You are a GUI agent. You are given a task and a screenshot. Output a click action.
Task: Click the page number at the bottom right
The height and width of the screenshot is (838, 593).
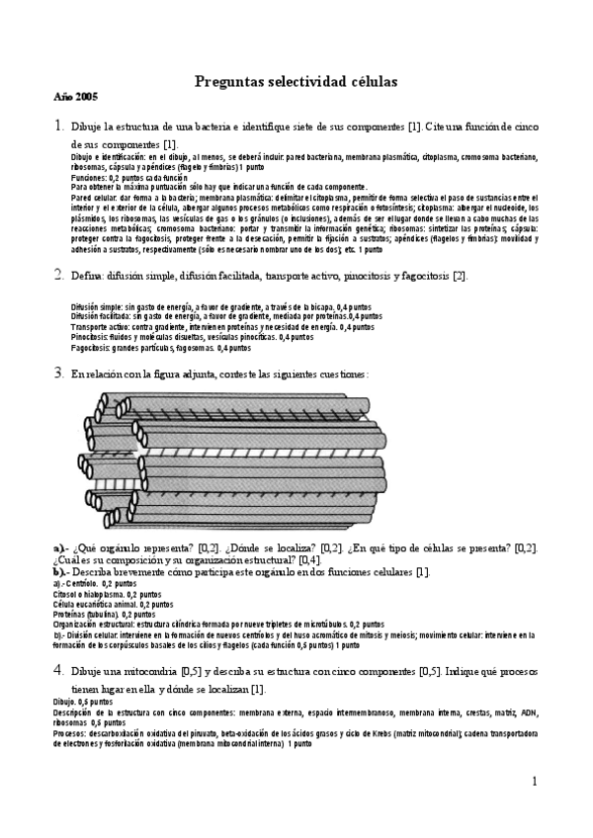(x=534, y=783)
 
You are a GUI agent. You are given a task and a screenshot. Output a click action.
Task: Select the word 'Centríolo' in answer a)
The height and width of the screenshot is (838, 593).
(x=90, y=585)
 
